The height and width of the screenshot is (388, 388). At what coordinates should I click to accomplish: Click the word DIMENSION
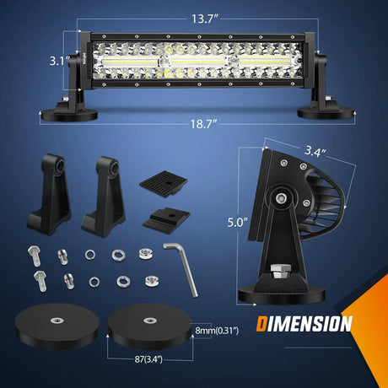pyautogui.click(x=304, y=322)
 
